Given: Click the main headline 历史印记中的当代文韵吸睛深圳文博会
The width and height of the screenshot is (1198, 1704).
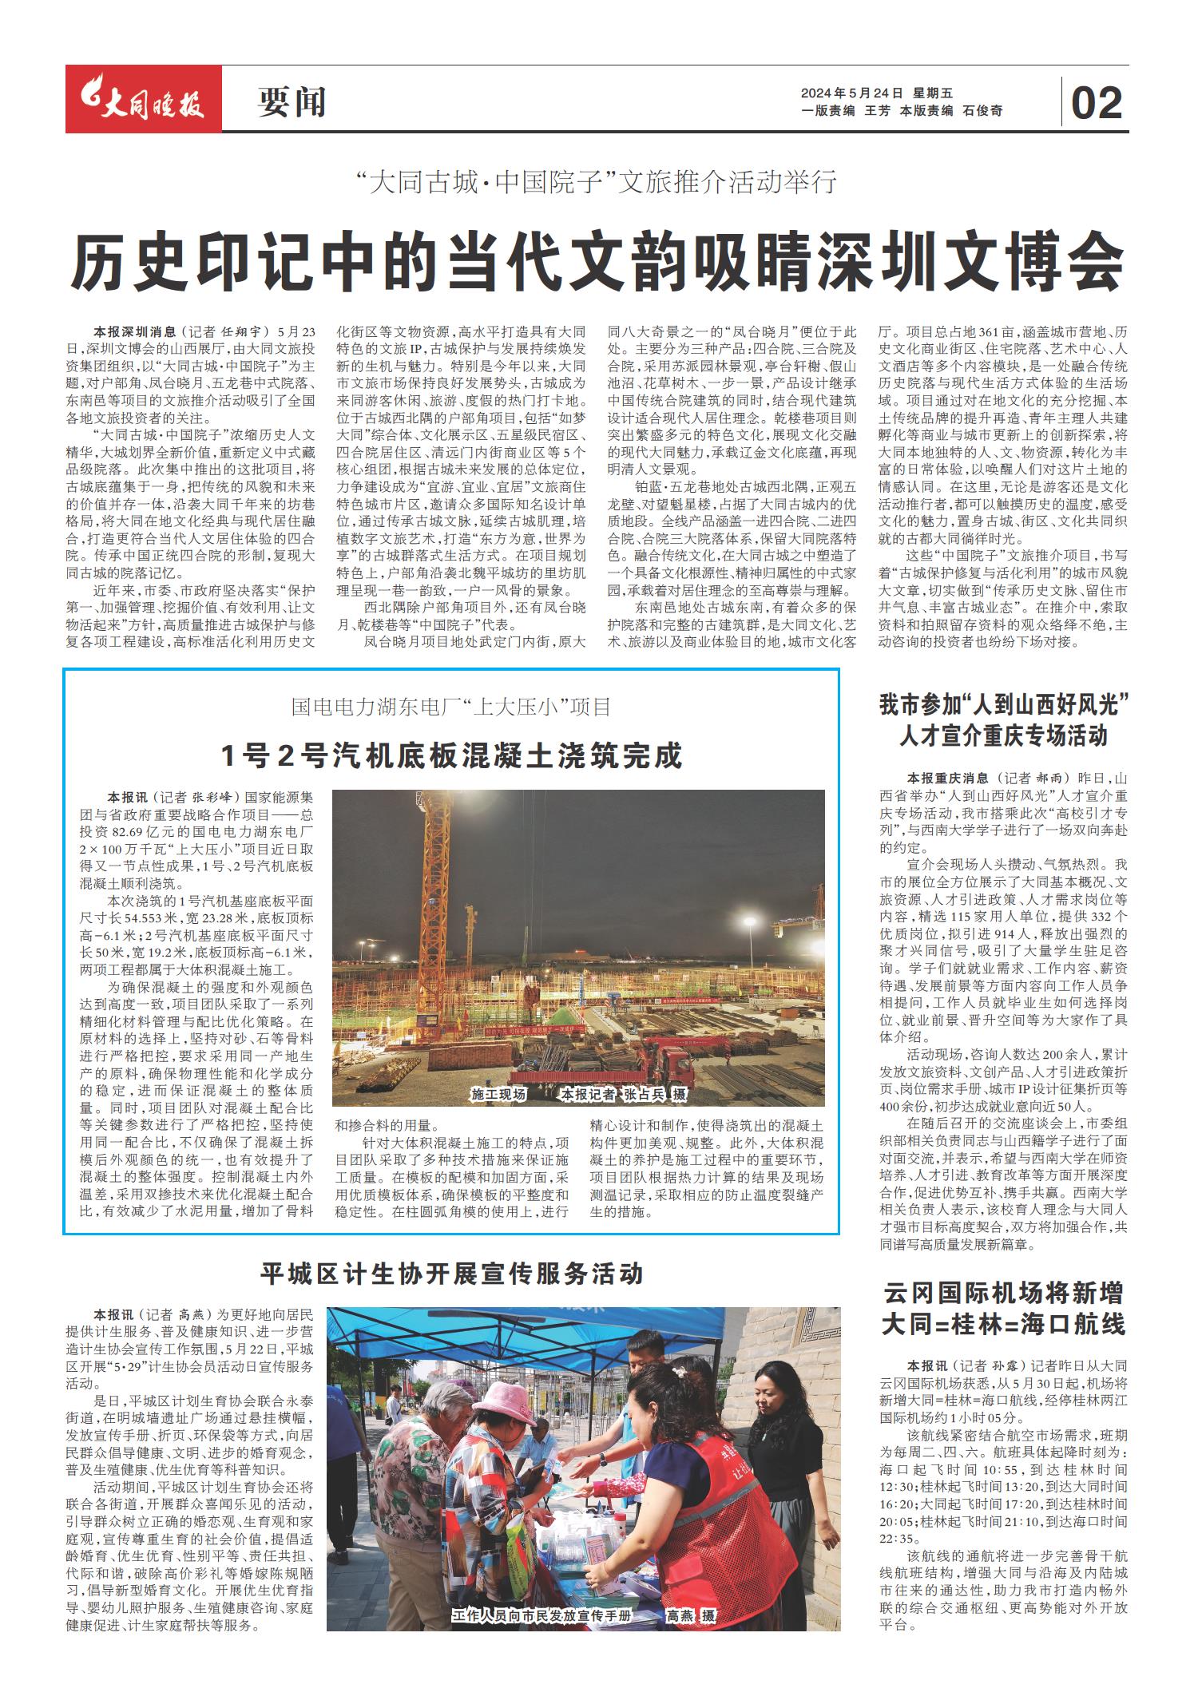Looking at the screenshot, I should [x=597, y=261].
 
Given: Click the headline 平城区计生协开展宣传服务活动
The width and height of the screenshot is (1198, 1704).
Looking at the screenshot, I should [x=452, y=1273].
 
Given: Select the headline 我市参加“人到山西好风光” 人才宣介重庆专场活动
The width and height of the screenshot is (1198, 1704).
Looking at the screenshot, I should [x=1003, y=720].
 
